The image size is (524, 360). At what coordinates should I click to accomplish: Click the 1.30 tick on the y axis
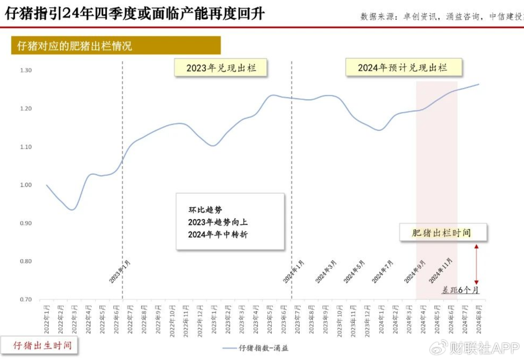click(26, 70)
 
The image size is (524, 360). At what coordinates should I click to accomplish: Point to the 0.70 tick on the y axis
click(26, 299)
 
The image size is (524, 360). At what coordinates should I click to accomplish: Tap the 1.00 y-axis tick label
click(26, 185)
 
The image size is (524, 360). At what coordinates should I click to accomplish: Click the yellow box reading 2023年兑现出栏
click(221, 68)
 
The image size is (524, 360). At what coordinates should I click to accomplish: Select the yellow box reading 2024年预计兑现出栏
click(403, 68)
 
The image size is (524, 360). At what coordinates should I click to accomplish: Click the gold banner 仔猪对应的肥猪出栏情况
click(116, 46)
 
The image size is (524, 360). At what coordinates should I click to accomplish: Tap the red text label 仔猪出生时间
click(42, 345)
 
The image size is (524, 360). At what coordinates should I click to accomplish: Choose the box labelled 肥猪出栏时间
click(443, 233)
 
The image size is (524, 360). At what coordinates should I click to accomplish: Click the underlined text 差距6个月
click(460, 290)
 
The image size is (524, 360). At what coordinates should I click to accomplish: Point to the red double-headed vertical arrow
click(476, 264)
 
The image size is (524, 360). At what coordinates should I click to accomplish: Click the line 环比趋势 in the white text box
click(205, 210)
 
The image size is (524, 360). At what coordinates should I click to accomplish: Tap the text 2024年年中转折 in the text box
click(218, 234)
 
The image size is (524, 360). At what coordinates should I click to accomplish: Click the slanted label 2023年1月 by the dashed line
click(120, 272)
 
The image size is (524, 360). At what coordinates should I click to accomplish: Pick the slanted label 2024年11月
click(440, 270)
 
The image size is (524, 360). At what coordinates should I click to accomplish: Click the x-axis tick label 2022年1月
click(47, 319)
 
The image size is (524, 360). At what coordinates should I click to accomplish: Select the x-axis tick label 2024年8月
click(479, 319)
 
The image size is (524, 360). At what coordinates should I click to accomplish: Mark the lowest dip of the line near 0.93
click(72, 209)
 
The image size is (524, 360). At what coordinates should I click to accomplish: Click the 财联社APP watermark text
click(484, 348)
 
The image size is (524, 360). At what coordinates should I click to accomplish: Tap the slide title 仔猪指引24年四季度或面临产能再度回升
click(135, 14)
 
